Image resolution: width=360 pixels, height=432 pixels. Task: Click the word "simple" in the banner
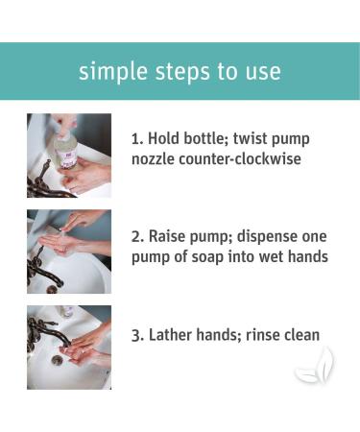click(x=113, y=72)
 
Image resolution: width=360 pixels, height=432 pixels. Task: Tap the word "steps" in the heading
click(x=182, y=72)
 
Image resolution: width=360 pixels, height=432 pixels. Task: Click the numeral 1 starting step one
click(x=135, y=139)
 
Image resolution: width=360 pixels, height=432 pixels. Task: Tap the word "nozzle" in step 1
click(x=154, y=159)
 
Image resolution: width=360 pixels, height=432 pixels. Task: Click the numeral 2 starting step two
click(x=136, y=237)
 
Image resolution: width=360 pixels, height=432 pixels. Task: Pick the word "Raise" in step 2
click(x=167, y=237)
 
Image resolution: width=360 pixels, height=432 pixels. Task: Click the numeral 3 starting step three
click(x=136, y=336)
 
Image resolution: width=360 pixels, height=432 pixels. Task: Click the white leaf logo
click(x=316, y=366)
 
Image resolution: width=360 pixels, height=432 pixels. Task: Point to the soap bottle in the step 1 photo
click(x=68, y=150)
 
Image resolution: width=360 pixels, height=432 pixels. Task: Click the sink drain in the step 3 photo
click(x=58, y=359)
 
